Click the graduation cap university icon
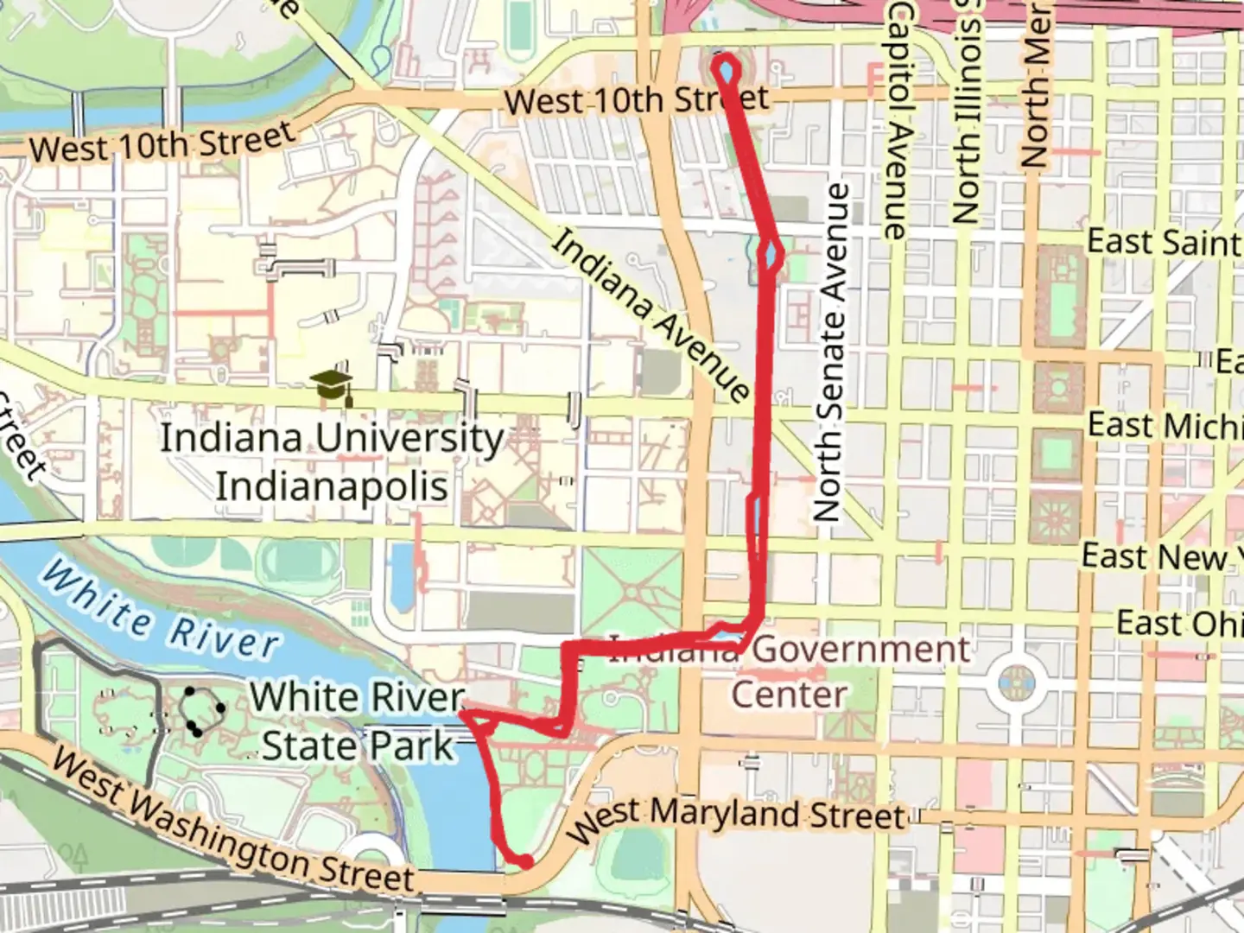click(x=333, y=388)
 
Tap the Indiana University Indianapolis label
click(x=332, y=461)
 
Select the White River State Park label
click(x=358, y=721)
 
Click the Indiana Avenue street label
click(x=651, y=314)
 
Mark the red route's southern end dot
click(x=524, y=860)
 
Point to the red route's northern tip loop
click(x=726, y=67)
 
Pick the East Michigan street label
click(x=1163, y=425)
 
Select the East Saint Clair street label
click(x=1163, y=241)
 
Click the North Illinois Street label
click(x=967, y=112)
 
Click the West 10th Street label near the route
click(x=636, y=100)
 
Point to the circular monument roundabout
click(x=1016, y=682)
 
